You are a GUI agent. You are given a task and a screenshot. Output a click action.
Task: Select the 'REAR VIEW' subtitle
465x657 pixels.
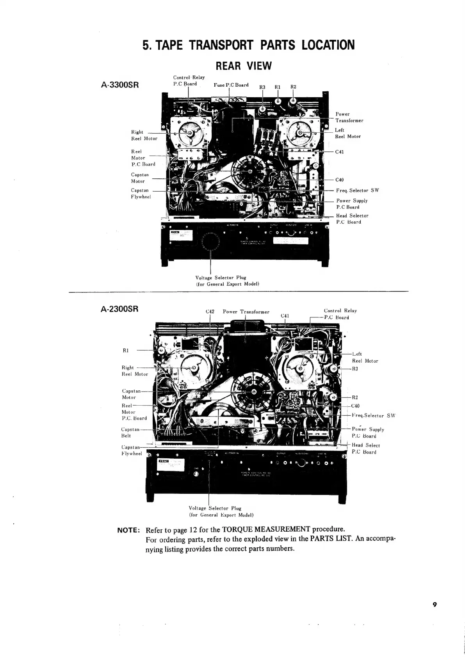pos(244,66)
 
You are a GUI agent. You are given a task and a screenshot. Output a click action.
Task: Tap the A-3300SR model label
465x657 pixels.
pos(119,85)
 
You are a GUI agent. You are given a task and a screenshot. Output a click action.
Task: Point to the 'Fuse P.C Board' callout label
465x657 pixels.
pos(231,85)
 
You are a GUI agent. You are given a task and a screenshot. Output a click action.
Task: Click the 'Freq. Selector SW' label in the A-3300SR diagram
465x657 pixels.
pos(357,191)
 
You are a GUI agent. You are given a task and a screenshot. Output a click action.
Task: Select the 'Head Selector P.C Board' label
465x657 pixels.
pos(352,219)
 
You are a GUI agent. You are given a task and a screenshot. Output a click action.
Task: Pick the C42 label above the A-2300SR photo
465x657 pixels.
pos(210,312)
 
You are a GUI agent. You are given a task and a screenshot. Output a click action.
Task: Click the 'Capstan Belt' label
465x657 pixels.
pos(130,433)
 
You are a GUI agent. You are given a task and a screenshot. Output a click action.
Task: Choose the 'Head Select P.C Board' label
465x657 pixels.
pos(365,449)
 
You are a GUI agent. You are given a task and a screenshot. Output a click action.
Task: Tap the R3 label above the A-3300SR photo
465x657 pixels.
pos(262,87)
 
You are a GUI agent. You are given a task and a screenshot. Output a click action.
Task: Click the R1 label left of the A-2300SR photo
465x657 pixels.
pos(126,350)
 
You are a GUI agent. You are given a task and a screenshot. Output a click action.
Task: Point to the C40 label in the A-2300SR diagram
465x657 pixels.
pos(356,406)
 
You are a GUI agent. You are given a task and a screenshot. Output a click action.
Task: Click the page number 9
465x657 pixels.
pos(434,616)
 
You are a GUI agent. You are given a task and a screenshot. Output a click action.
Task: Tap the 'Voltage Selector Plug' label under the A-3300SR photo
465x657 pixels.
pos(221,278)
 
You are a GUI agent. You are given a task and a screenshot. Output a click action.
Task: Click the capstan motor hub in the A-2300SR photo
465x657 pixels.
pos(254,392)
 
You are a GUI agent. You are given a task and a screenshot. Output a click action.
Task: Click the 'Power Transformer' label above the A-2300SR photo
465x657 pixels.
pos(246,312)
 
